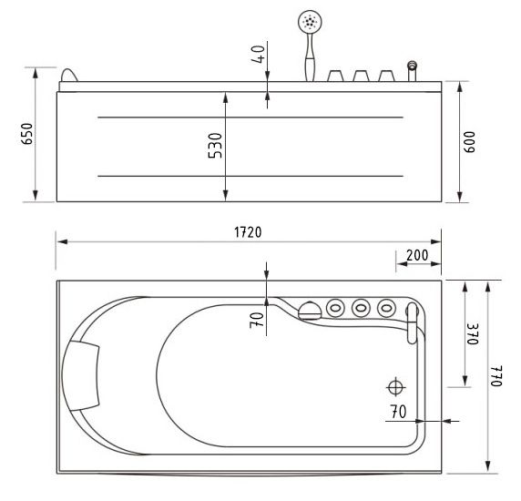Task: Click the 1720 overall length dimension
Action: (x=247, y=232)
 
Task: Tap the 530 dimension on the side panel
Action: (x=216, y=146)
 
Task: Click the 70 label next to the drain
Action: (x=397, y=411)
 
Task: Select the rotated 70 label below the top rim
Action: (x=258, y=318)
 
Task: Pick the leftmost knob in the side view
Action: (x=334, y=76)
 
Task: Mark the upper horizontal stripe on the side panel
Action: (x=250, y=118)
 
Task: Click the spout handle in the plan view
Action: (x=413, y=323)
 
